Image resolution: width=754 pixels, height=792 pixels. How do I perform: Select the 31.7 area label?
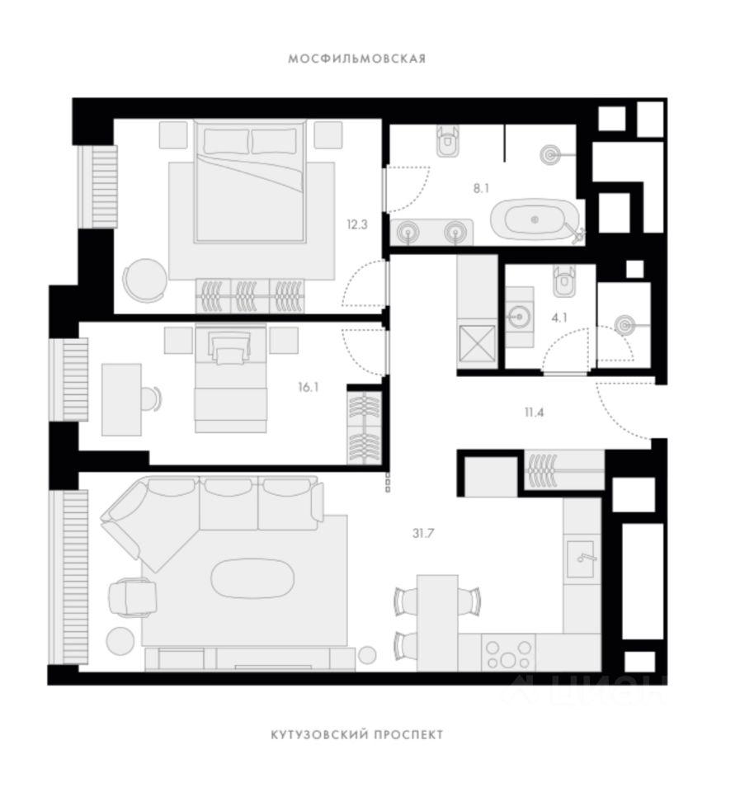(x=423, y=532)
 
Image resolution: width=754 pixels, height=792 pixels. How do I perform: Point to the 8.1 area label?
(x=481, y=188)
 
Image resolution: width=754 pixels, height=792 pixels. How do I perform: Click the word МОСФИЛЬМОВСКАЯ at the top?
(x=357, y=59)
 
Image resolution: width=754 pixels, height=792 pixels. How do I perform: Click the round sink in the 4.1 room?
(x=519, y=314)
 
